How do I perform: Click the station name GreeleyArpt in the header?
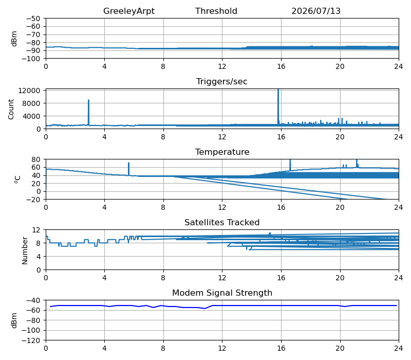pyautogui.click(x=129, y=11)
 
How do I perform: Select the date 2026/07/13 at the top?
pyautogui.click(x=316, y=11)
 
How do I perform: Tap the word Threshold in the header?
pyautogui.click(x=216, y=11)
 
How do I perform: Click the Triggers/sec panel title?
pyautogui.click(x=222, y=82)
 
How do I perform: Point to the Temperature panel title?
pyautogui.click(x=222, y=152)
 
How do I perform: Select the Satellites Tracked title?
pyautogui.click(x=222, y=222)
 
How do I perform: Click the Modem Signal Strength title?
pyautogui.click(x=222, y=293)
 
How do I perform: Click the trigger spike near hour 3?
pyautogui.click(x=88, y=112)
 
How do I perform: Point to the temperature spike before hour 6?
pyautogui.click(x=129, y=169)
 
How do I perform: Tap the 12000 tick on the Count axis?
pyautogui.click(x=29, y=91)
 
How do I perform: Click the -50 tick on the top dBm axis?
pyautogui.click(x=33, y=19)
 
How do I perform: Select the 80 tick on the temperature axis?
pyautogui.click(x=36, y=159)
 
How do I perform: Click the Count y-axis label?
pyautogui.click(x=11, y=109)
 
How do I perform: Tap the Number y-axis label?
pyautogui.click(x=25, y=250)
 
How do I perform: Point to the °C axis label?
pyautogui.click(x=17, y=179)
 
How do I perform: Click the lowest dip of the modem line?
pyautogui.click(x=204, y=308)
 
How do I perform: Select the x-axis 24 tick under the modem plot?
pyautogui.click(x=399, y=349)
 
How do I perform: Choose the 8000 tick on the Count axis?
pyautogui.click(x=31, y=103)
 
